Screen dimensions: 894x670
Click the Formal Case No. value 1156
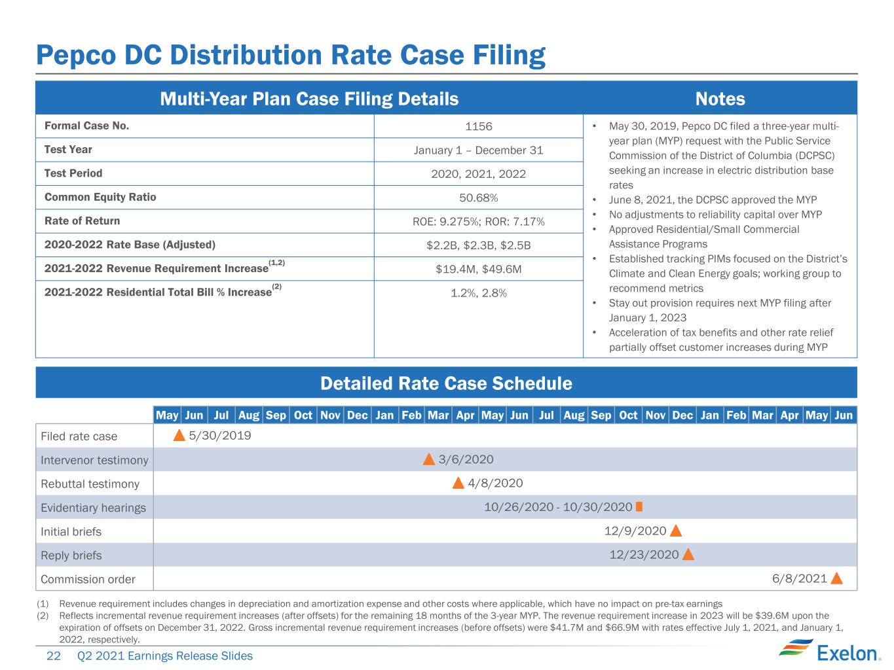pos(479,126)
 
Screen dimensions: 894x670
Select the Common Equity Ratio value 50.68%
pos(479,198)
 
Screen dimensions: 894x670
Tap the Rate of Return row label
pos(83,221)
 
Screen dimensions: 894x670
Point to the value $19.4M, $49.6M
pos(479,269)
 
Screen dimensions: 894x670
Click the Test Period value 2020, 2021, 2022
pos(479,174)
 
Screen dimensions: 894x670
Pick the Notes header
pos(720,99)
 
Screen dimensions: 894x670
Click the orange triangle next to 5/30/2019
pos(179,436)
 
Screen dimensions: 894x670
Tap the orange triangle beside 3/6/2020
pos(429,460)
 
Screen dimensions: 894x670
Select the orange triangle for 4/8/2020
pos(458,484)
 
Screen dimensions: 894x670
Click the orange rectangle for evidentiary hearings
pos(639,507)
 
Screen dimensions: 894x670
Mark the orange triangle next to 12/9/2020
pos(676,531)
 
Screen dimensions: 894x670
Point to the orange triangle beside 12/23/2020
pos(688,554)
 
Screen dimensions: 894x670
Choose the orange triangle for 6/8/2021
pos(836,578)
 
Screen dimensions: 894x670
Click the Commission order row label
pos(88,579)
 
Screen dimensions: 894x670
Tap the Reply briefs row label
pos(71,555)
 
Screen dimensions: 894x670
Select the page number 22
pos(54,656)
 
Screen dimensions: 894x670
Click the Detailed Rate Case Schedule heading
pos(447,383)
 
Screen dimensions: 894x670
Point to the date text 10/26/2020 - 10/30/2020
pos(558,507)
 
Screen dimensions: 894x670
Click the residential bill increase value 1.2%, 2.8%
pos(479,293)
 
